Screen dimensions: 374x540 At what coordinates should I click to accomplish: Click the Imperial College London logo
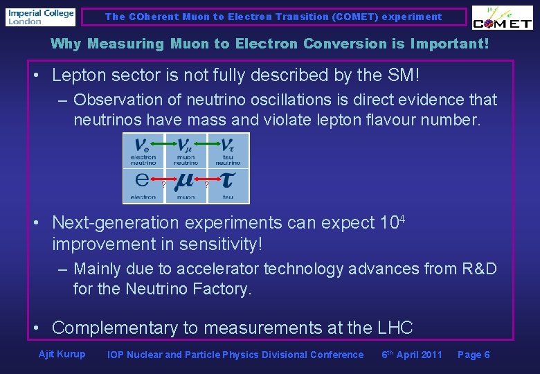click(40, 17)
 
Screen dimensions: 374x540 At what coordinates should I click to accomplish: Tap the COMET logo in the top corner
click(503, 19)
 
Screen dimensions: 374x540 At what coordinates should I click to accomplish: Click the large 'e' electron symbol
click(142, 180)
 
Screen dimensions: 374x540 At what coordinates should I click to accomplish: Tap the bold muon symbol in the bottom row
click(185, 181)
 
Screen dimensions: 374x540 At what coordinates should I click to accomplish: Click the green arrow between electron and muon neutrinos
click(163, 143)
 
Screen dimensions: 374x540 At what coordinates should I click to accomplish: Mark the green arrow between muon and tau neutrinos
click(206, 143)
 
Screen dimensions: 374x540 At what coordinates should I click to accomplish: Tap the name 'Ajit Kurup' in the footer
click(62, 355)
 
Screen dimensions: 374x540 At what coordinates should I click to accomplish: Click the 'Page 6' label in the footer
click(474, 355)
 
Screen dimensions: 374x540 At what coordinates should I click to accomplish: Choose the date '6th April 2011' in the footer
click(412, 355)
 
